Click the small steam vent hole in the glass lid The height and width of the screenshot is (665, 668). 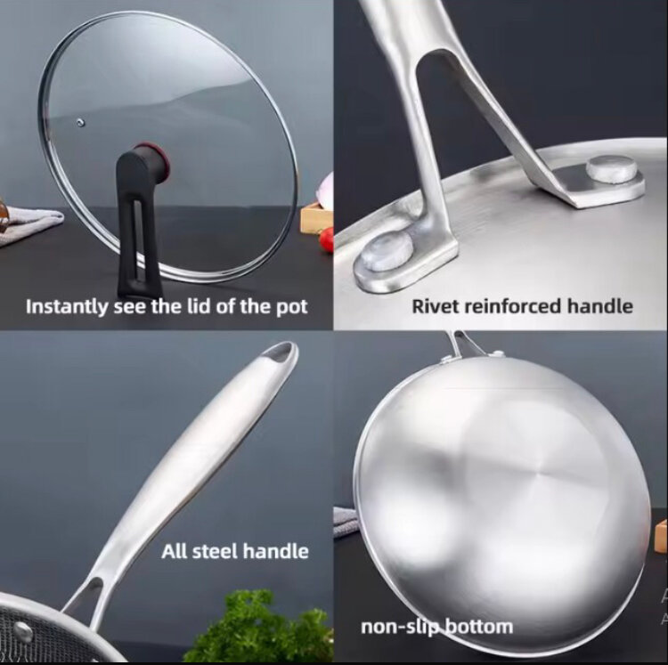80,124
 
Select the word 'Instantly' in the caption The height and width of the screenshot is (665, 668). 66,307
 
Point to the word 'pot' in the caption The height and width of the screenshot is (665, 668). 292,307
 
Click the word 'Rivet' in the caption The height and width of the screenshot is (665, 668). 434,306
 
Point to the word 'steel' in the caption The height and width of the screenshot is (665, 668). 216,552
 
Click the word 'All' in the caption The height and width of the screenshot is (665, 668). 175,552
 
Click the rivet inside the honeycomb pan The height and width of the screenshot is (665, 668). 22,632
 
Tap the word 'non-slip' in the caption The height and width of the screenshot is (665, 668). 394,627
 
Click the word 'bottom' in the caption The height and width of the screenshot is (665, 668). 479,627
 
